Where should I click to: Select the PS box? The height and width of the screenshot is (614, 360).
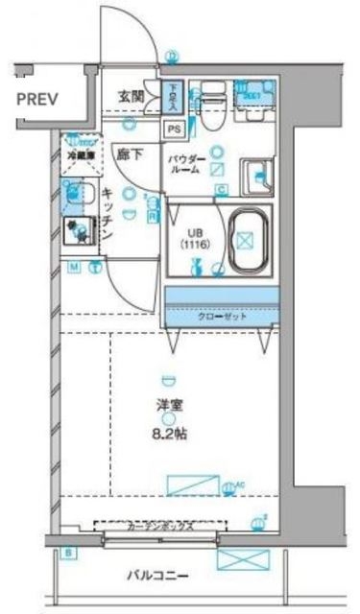(x=174, y=130)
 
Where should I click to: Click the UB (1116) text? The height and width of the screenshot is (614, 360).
(x=195, y=239)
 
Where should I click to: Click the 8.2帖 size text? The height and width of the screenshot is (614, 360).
(x=169, y=433)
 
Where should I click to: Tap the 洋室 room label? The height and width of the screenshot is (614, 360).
(x=169, y=405)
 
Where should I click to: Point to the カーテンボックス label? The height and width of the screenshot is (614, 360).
(x=160, y=527)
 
